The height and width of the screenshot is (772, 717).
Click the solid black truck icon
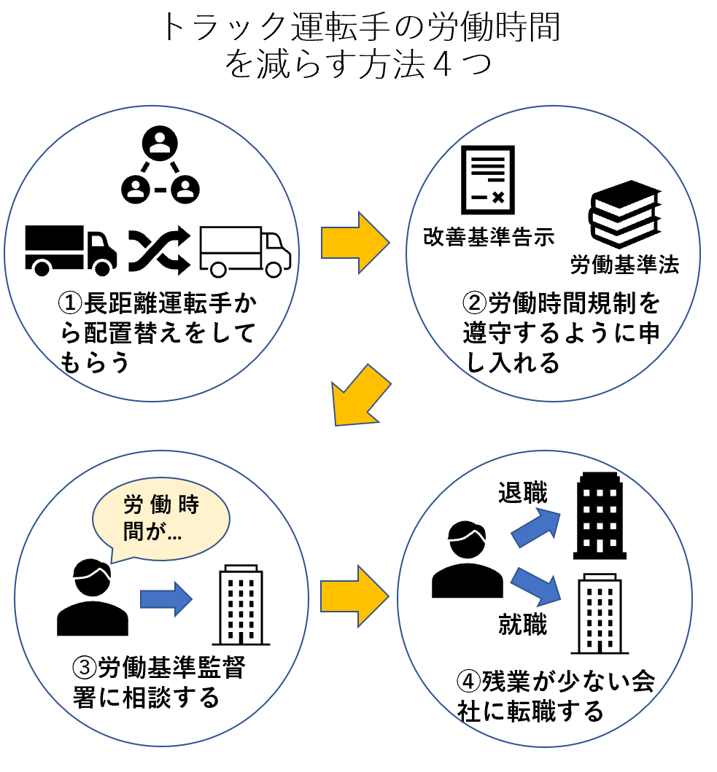pos(71,249)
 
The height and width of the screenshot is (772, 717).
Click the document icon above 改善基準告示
pos(487,179)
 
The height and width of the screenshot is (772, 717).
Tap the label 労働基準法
pos(624,265)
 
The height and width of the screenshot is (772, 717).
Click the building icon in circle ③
pos(241,604)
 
